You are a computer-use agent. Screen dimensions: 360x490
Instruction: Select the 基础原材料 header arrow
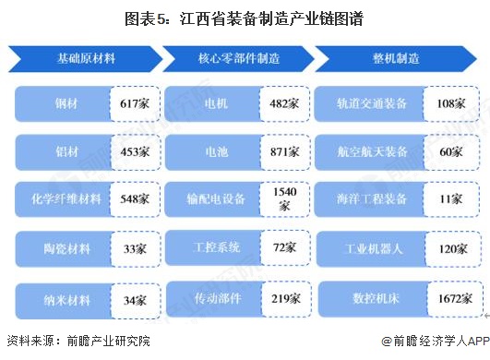[85, 58]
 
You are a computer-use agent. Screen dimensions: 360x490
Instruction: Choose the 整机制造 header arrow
[394, 58]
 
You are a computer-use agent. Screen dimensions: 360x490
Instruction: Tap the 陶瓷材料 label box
[62, 247]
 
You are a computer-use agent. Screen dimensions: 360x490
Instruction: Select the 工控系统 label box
[216, 247]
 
